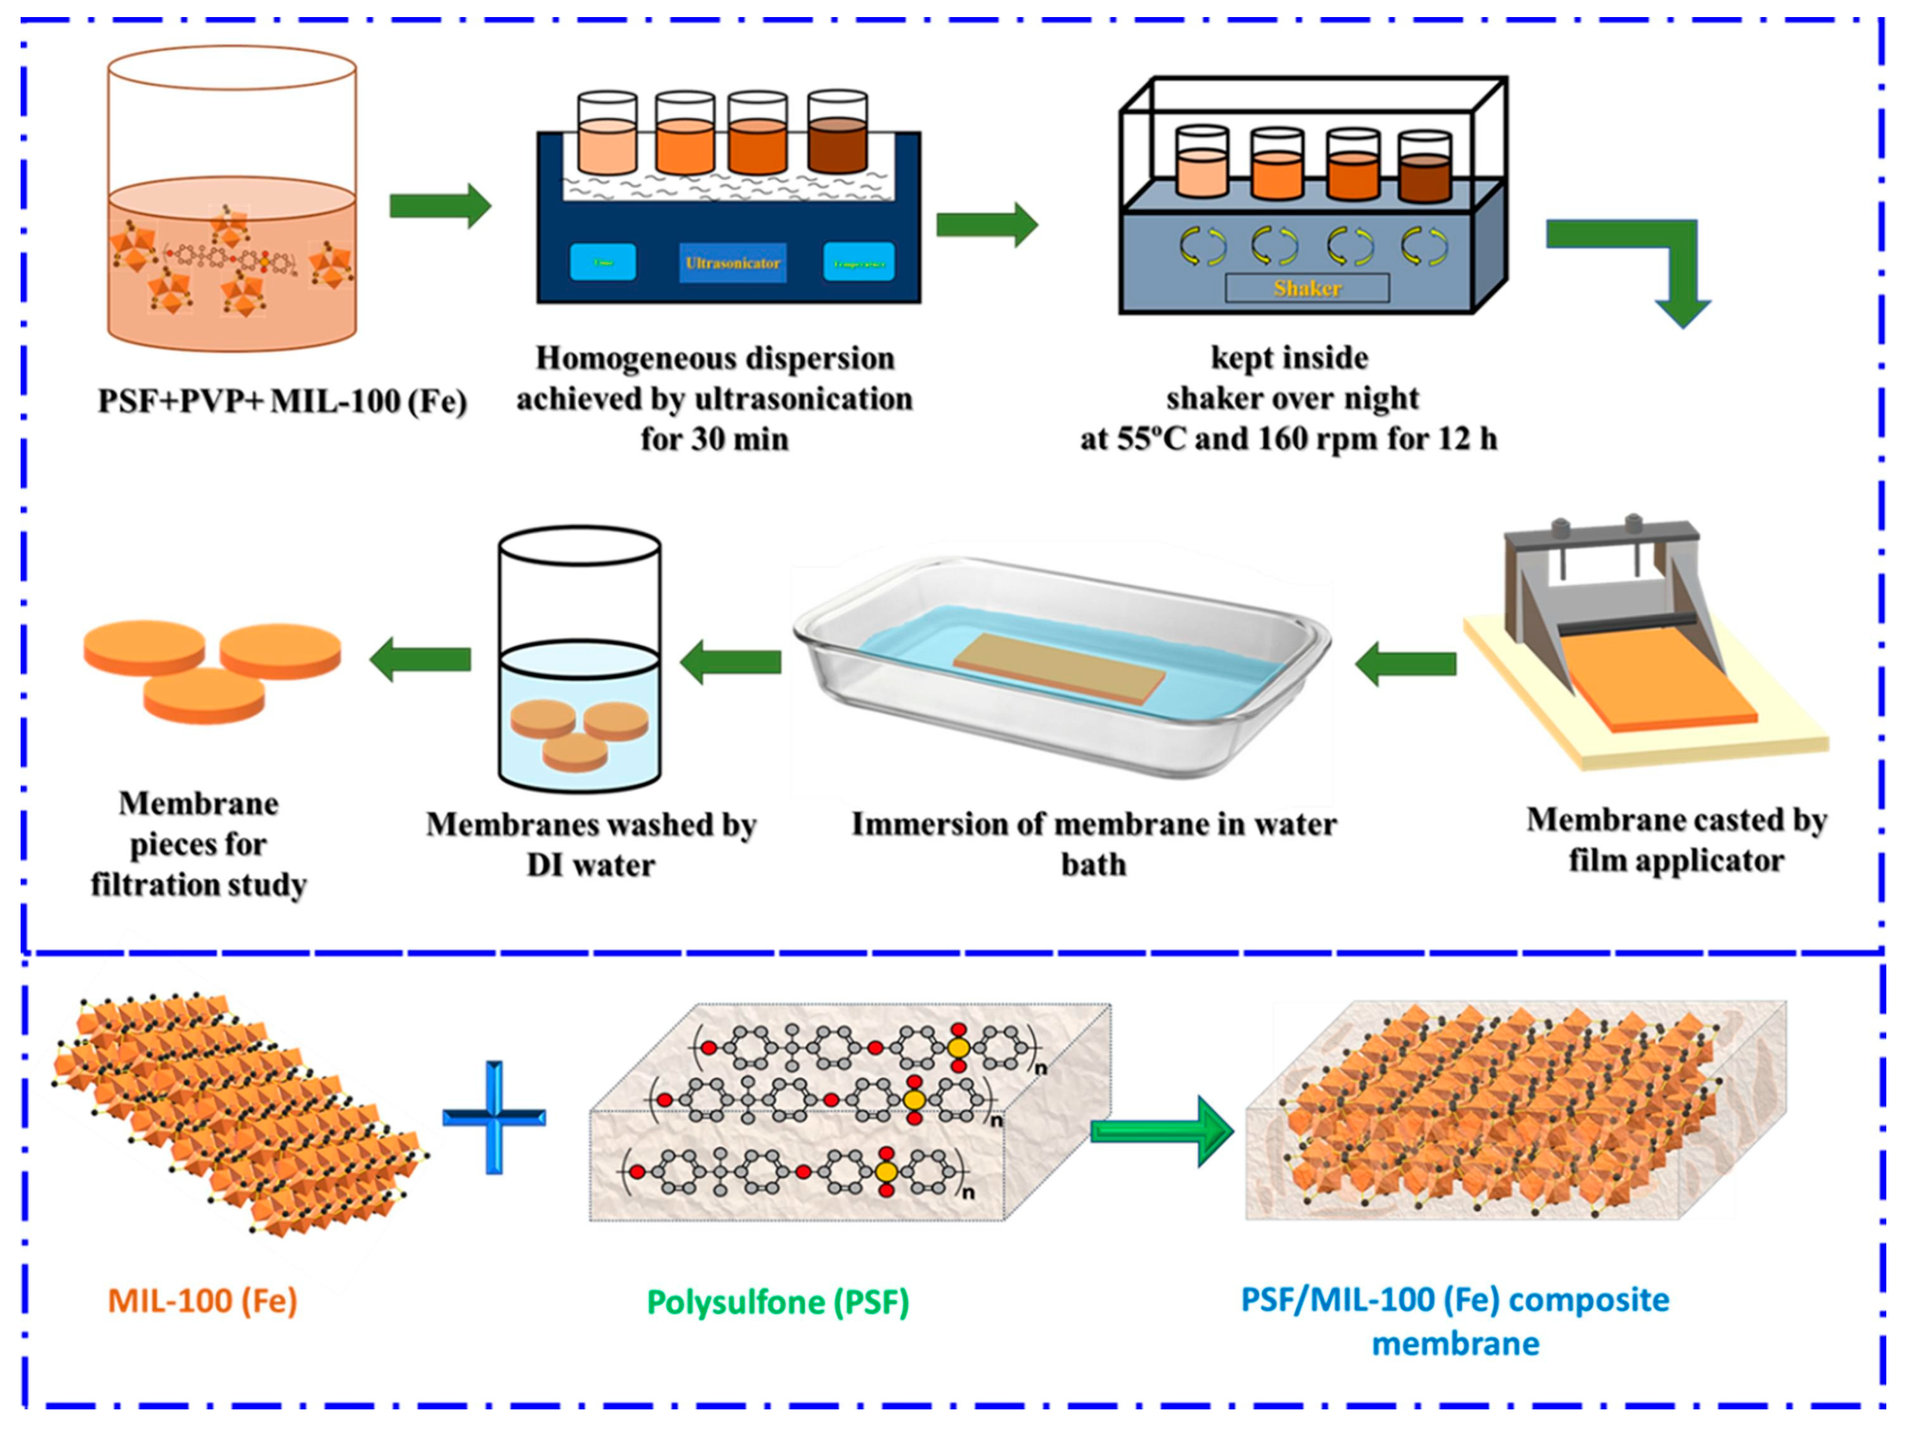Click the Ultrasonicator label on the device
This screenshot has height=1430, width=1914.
(x=732, y=263)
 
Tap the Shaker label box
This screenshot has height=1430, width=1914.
(x=1307, y=288)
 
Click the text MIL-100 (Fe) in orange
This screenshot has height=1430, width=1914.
(x=203, y=1300)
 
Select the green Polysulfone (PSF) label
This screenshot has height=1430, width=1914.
(x=778, y=1302)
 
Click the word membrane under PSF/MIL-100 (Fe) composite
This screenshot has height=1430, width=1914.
(x=1456, y=1343)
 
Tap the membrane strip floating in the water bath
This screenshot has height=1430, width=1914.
(x=1059, y=667)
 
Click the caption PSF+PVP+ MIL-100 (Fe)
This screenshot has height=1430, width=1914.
(x=282, y=400)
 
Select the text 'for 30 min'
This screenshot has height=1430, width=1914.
(x=715, y=439)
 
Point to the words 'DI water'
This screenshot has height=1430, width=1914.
(x=591, y=864)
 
